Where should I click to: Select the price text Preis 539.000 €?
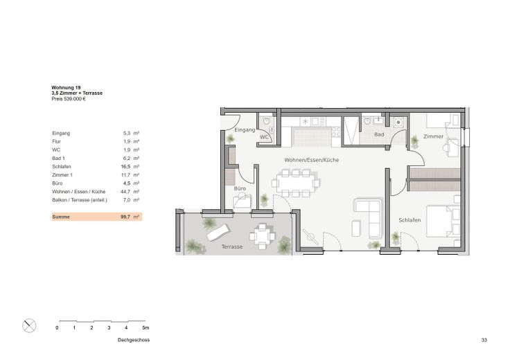[69, 99]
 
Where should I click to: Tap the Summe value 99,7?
[125, 217]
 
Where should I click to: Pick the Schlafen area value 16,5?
[125, 167]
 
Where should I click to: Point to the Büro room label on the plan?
[240, 188]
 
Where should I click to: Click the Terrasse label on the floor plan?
[231, 246]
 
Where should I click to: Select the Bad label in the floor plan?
[379, 134]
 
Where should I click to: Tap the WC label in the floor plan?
[264, 137]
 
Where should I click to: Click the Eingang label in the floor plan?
[245, 130]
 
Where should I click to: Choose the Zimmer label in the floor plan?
[434, 137]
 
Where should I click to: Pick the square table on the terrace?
[262, 237]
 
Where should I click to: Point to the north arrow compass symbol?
[30, 325]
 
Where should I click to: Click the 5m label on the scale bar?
[145, 327]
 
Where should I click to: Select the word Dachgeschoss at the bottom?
[133, 341]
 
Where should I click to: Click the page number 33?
[484, 341]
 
